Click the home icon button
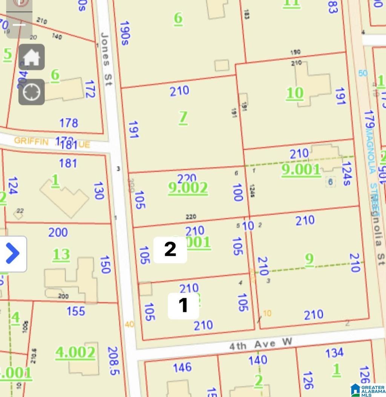point(32,57)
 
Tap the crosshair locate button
point(32,92)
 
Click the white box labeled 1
point(183,305)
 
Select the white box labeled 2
point(170,249)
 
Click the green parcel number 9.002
point(188,187)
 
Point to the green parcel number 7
point(183,117)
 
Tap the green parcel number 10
point(295,93)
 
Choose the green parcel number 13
point(61,255)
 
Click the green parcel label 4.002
point(75,353)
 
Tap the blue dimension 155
point(76,311)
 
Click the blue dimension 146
point(182,367)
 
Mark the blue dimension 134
point(334,353)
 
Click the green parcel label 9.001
point(301,170)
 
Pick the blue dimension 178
point(69,123)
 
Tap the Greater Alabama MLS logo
point(368,389)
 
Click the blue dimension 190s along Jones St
point(125,33)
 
